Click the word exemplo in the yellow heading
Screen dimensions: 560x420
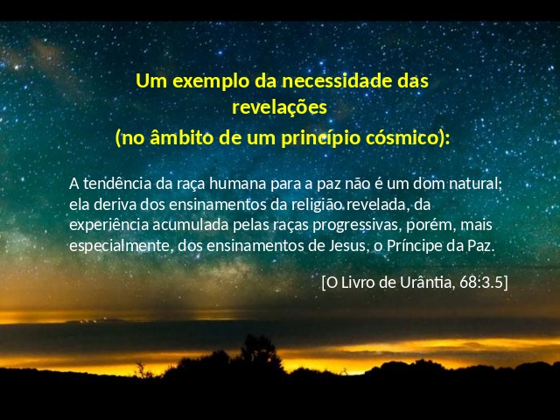211,81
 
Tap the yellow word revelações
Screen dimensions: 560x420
279,107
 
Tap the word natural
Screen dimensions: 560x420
473,184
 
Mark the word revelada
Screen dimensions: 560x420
374,205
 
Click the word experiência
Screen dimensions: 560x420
108,226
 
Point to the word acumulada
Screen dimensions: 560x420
191,226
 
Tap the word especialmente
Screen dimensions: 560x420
119,247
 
